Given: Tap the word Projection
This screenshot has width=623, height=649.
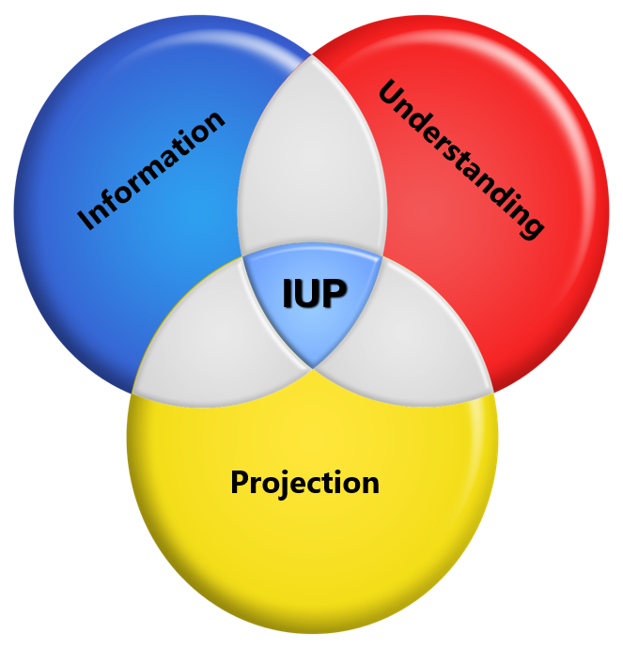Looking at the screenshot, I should point(304,483).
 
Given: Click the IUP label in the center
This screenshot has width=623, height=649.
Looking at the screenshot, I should point(314,294).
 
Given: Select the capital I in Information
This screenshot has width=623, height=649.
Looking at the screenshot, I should point(88,218).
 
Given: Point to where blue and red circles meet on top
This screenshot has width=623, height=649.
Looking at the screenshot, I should point(312,55).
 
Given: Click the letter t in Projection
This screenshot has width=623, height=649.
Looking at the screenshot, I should point(331,483).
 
